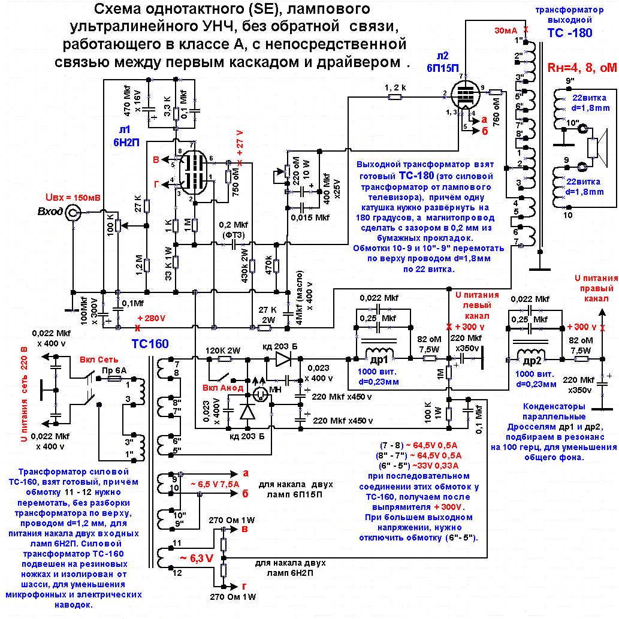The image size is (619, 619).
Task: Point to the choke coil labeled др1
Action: click(x=378, y=355)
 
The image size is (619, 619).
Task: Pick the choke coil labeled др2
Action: click(x=530, y=355)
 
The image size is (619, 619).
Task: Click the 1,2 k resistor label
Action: click(x=395, y=87)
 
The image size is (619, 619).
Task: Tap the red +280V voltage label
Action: click(x=150, y=318)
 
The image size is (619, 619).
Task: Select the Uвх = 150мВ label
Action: click(x=73, y=197)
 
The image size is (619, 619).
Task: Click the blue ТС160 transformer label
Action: click(x=150, y=343)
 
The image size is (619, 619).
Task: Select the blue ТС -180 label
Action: click(x=569, y=33)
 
